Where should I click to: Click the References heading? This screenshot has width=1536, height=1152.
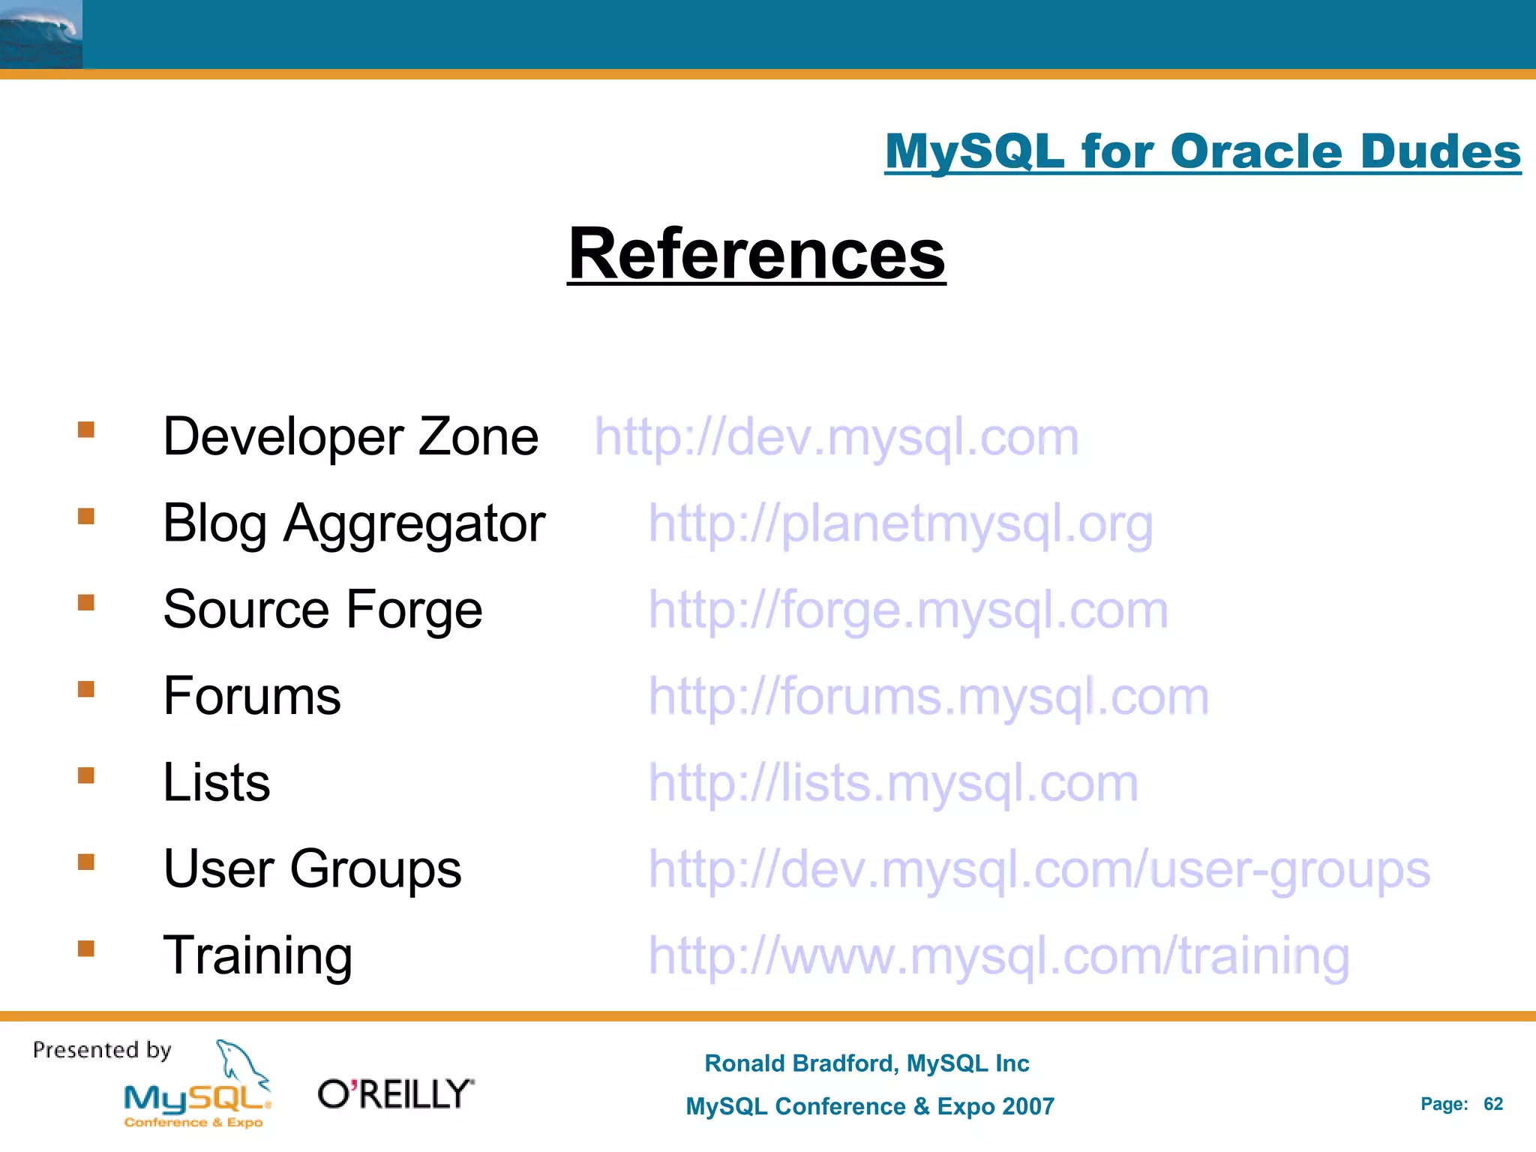coord(756,254)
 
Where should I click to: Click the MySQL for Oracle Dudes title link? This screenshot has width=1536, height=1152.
coord(1202,151)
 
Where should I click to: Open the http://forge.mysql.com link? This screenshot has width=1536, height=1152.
coord(907,610)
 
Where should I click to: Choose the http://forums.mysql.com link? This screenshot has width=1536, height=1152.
coord(928,696)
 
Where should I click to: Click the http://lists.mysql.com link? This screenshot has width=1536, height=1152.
coord(892,783)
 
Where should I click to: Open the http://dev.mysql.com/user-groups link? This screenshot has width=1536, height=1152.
coord(1039,869)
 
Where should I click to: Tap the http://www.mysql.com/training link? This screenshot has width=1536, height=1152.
coord(998,956)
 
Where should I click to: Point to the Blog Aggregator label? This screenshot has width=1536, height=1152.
coord(354,523)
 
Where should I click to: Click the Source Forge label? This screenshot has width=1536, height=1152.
coord(322,610)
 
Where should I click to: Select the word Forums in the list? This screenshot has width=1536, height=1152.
coord(252,696)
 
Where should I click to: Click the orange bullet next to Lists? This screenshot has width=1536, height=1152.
coord(86,775)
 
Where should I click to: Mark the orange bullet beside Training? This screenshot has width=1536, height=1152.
coord(86,949)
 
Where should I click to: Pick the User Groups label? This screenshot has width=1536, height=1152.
coord(312,869)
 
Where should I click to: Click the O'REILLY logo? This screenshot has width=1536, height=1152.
coord(396,1094)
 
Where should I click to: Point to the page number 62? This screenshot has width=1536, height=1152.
coord(1492,1104)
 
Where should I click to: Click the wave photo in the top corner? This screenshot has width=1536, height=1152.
coord(41,34)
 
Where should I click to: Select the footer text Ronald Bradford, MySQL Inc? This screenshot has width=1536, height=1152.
coord(866,1063)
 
